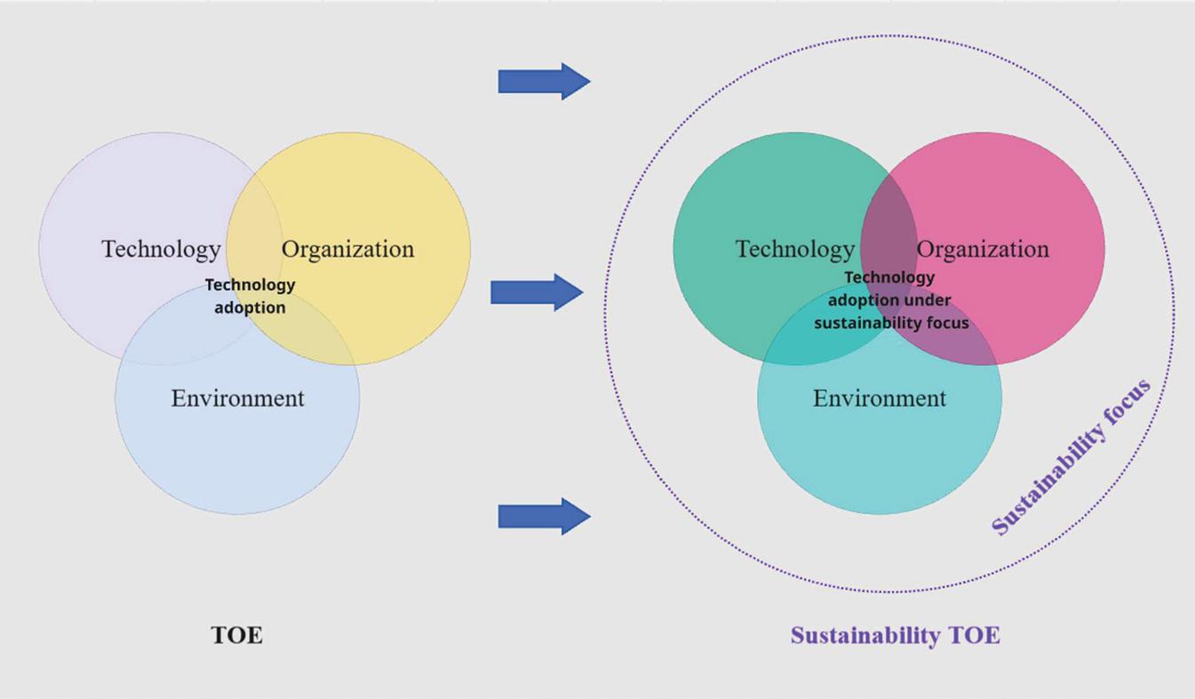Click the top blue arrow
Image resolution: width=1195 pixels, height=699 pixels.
[544, 82]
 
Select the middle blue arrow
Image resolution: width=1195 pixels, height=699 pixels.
[537, 292]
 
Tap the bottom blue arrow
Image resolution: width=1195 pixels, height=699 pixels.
[544, 516]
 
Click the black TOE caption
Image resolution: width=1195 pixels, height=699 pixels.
[237, 635]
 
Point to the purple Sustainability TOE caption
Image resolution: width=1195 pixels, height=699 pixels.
[896, 636]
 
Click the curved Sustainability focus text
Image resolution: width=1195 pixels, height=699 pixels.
[1072, 457]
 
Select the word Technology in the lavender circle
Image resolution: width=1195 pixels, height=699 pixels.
[161, 249]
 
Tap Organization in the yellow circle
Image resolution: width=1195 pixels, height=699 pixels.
[347, 249]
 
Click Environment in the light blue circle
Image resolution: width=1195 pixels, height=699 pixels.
[237, 398]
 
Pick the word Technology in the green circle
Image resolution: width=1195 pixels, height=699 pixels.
[795, 249]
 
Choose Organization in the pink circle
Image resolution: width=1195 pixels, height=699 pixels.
[983, 249]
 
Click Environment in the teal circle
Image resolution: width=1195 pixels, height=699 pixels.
[880, 398]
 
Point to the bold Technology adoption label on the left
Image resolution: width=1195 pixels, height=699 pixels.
[251, 296]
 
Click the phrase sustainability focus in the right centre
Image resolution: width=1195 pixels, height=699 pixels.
[891, 323]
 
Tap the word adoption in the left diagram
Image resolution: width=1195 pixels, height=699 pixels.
[251, 307]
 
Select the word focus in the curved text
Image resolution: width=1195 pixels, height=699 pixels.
[1127, 403]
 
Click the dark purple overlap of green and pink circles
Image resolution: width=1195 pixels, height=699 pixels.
[888, 224]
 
